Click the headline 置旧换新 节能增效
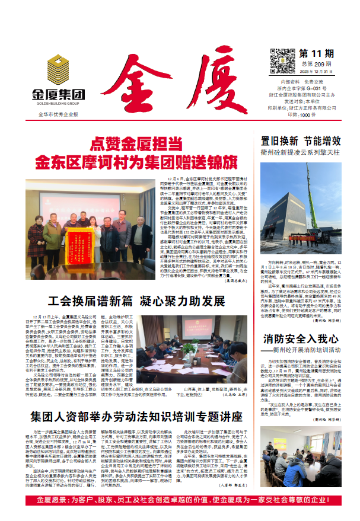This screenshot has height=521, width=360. (301, 141)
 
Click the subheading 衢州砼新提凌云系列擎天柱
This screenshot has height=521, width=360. (301, 153)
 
